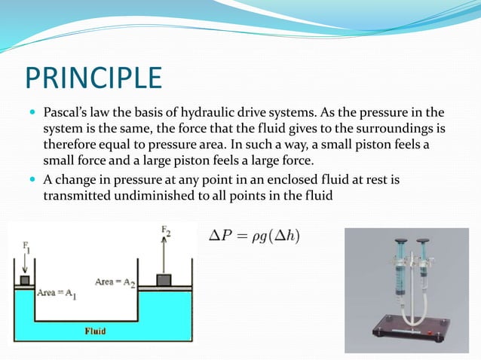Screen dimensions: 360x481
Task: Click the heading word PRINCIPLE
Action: click(93, 78)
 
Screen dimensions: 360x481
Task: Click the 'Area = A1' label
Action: click(58, 292)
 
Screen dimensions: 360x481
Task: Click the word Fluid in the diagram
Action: click(94, 330)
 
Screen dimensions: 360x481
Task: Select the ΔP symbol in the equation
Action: click(219, 236)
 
